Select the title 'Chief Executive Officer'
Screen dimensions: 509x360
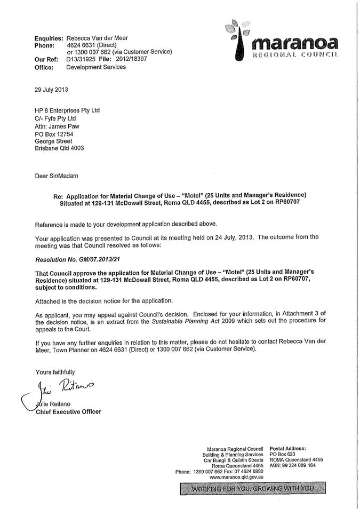tap(68, 411)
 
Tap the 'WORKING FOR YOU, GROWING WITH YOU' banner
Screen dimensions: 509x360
tap(253, 489)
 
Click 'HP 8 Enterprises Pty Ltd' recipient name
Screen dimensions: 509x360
tap(67, 110)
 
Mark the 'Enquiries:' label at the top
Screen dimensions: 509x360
tap(49, 38)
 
